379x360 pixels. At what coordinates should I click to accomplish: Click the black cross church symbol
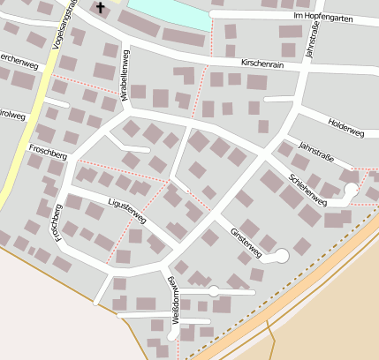point(100,8)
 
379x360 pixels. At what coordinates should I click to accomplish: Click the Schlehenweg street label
point(307,189)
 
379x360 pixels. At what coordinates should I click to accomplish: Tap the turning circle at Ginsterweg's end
point(282,257)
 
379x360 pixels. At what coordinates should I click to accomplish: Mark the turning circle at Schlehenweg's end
point(351,190)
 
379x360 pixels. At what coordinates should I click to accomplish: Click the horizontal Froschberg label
point(48,151)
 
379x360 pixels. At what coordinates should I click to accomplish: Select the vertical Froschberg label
point(57,222)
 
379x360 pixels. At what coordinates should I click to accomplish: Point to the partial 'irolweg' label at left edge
point(11,114)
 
